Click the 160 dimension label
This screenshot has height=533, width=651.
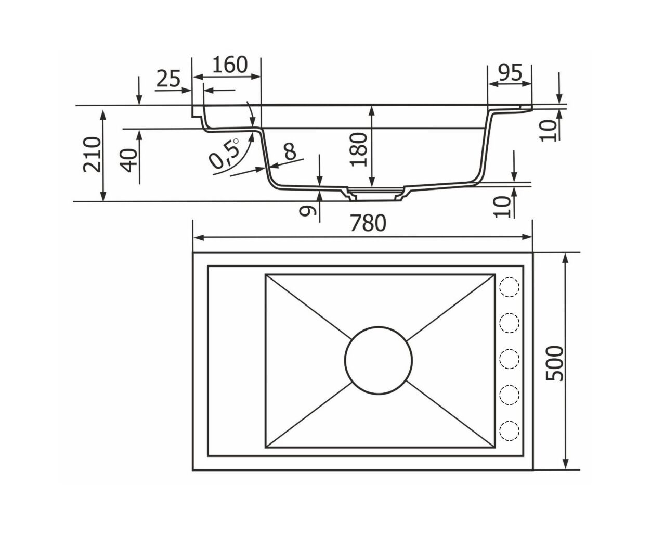click(x=230, y=65)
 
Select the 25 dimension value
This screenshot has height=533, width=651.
click(x=168, y=79)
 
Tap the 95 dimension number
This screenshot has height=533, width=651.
click(x=510, y=73)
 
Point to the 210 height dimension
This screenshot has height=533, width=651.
click(x=93, y=154)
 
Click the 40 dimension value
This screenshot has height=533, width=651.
click(x=128, y=160)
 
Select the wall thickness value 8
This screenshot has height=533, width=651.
click(x=290, y=151)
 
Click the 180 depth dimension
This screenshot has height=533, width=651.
click(x=359, y=149)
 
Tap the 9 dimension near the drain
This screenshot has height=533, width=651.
click(x=308, y=210)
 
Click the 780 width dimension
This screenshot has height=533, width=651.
click(x=368, y=223)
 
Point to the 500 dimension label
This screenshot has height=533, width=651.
click(x=554, y=363)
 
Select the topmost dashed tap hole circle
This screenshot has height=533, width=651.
click(x=510, y=287)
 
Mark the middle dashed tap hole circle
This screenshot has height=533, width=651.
click(x=510, y=359)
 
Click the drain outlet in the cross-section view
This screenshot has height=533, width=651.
click(x=375, y=194)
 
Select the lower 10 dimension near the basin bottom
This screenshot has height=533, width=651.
click(x=502, y=207)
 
